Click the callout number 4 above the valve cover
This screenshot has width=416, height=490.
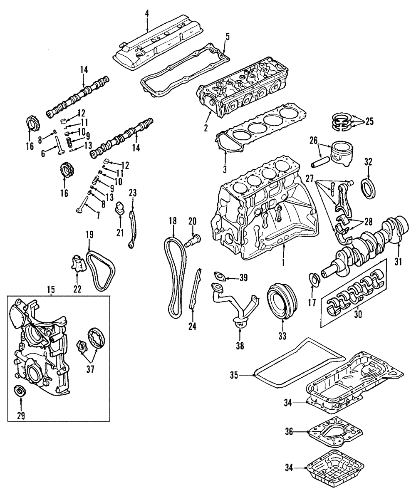147,13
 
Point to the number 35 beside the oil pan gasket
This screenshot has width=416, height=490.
234,375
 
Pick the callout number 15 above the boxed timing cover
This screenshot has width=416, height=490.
51,289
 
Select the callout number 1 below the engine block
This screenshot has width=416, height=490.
283,263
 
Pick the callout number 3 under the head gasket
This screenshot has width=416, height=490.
225,169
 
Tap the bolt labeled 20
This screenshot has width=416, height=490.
194,240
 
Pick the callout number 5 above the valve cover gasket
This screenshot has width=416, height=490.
227,36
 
